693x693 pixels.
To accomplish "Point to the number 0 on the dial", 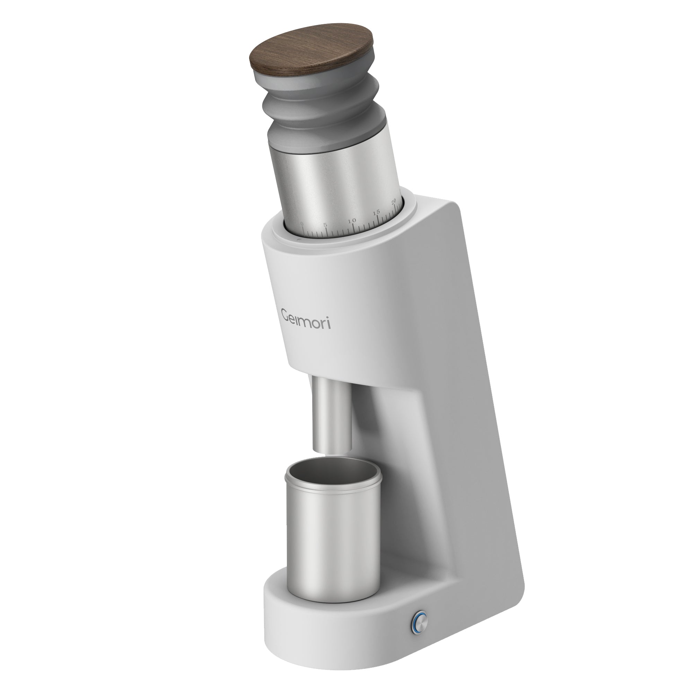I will [x=302, y=224].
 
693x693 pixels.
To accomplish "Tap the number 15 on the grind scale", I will [x=376, y=213].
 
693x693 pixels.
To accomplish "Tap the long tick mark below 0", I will [x=302, y=233].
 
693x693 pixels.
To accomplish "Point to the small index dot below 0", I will [x=298, y=238].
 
